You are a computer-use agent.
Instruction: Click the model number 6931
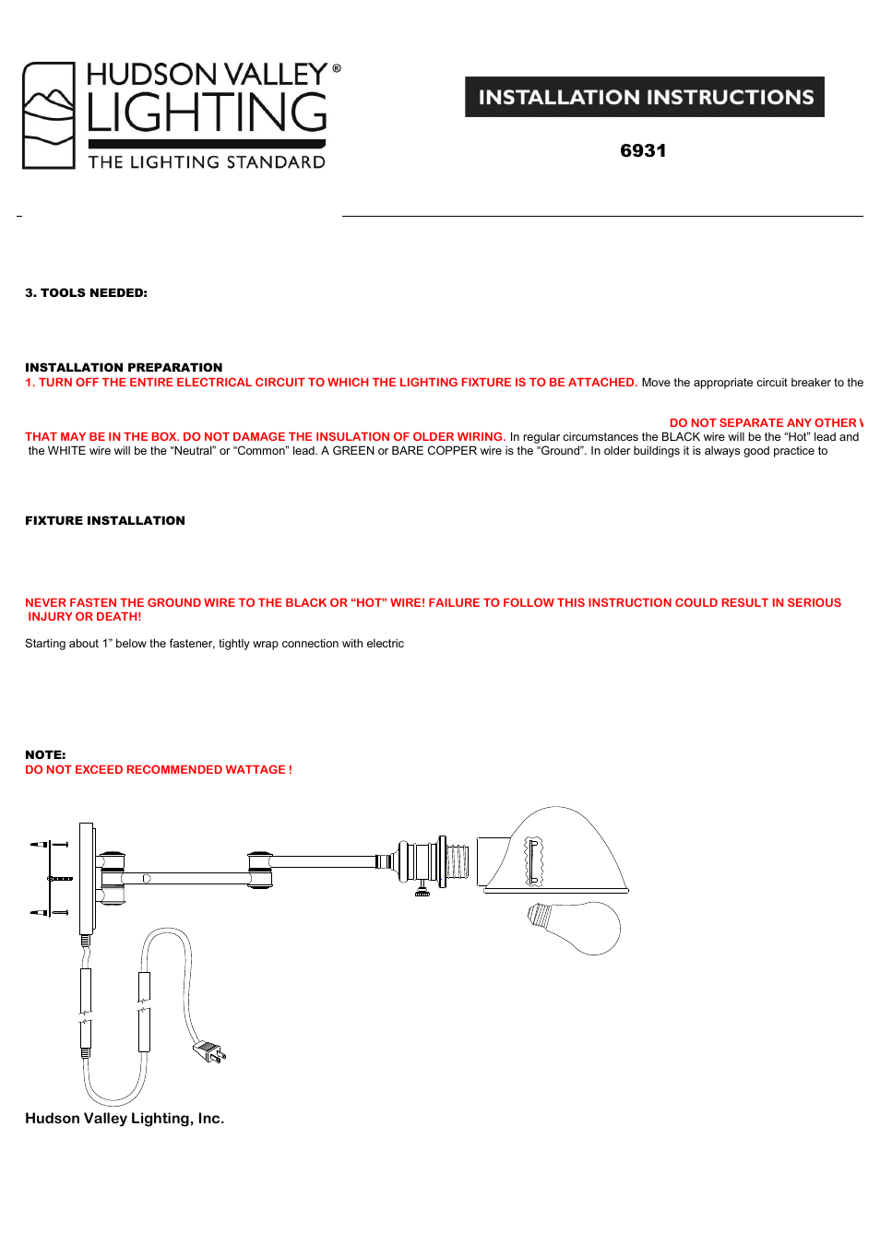(643, 150)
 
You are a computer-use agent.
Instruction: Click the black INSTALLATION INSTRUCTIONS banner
(644, 97)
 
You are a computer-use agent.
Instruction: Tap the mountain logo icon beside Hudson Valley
(49, 115)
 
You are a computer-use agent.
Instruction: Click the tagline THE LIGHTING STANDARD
(207, 162)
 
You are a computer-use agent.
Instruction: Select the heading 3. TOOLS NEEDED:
(86, 292)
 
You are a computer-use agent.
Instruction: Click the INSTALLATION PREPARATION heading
(124, 367)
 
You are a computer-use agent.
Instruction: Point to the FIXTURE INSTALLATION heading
(105, 520)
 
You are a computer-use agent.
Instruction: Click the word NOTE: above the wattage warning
(45, 754)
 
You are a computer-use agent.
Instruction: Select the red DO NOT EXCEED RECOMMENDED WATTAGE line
(159, 769)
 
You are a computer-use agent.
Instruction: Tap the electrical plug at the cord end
(209, 1050)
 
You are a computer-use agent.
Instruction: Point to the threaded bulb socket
(457, 862)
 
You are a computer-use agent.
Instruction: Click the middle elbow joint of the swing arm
(260, 870)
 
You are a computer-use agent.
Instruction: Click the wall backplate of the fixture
(87, 878)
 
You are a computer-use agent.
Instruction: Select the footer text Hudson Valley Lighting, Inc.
(125, 1118)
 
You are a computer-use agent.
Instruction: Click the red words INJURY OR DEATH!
(85, 617)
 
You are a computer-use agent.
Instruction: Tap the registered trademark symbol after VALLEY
(337, 68)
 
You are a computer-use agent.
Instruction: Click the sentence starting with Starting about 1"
(214, 644)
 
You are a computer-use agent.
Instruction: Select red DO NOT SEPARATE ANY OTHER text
(766, 422)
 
